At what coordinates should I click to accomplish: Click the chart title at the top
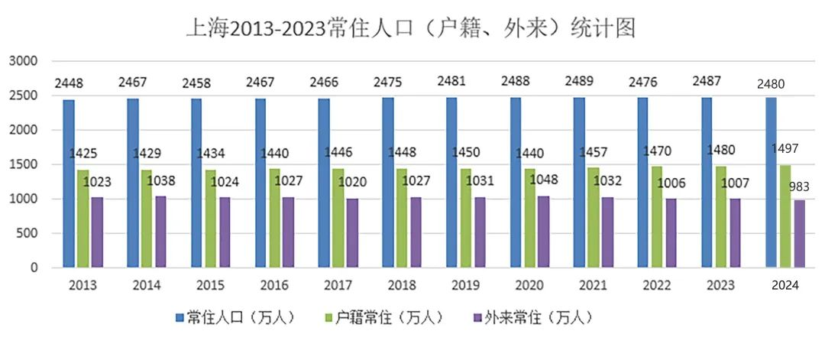click(412, 28)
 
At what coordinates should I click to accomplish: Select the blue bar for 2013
click(69, 183)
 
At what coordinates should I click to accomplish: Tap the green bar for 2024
click(785, 216)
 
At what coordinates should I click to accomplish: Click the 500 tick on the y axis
click(28, 234)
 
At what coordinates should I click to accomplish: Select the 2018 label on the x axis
click(402, 286)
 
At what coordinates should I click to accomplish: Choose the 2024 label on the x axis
click(785, 286)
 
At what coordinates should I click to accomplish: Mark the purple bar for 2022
click(671, 233)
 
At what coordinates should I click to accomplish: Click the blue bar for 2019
click(452, 183)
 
